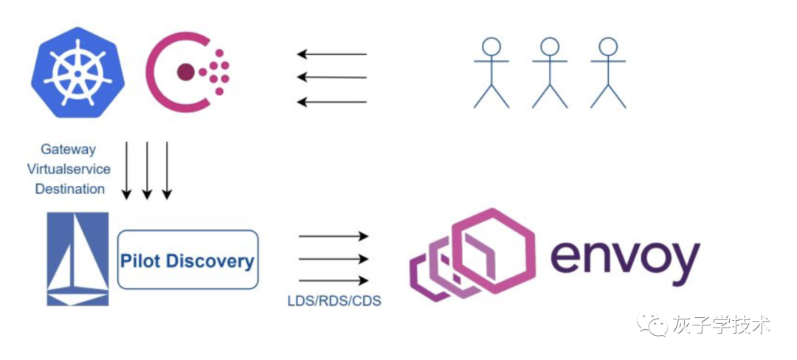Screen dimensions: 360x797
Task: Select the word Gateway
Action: pos(68,149)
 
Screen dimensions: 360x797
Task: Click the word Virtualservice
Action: pos(69,169)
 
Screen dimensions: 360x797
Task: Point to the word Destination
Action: pos(70,189)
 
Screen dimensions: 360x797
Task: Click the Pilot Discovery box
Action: pos(187,260)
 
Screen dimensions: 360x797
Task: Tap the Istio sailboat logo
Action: pos(77,259)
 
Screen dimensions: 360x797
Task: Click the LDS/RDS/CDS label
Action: pos(334,301)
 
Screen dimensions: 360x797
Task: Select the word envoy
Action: pos(624,258)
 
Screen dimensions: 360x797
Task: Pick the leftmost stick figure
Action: pos(491,72)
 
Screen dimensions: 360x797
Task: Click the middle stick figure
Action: pos(550,72)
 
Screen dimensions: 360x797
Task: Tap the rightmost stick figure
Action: pos(608,72)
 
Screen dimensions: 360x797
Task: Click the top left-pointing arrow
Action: pos(331,54)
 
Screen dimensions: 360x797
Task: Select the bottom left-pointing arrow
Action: pos(331,101)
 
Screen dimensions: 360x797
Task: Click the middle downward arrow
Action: pos(147,170)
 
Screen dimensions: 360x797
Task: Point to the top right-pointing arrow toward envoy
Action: pos(333,236)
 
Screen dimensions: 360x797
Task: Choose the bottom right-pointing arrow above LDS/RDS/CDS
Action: pos(333,280)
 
